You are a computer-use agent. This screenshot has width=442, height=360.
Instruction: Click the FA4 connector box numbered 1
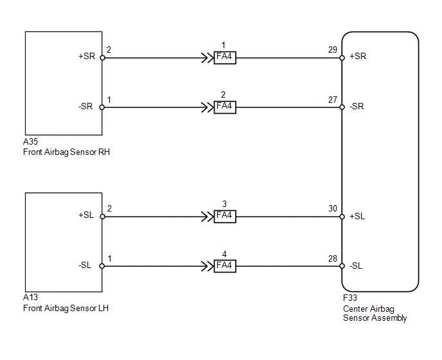[225, 58]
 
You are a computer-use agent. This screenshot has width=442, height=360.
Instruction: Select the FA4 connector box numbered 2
[225, 107]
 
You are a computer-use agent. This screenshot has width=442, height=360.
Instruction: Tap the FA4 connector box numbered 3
[225, 217]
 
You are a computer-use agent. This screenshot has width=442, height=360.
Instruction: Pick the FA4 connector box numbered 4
[225, 266]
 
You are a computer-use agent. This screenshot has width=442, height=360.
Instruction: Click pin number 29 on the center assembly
[333, 50]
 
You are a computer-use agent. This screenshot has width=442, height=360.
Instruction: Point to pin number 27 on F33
[333, 100]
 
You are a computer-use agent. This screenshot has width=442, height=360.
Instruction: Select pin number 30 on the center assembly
[333, 208]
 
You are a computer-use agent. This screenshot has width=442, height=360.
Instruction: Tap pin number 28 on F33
[333, 258]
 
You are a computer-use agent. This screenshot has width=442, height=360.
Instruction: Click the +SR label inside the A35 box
[87, 56]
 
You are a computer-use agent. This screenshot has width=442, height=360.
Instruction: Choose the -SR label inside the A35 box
[85, 106]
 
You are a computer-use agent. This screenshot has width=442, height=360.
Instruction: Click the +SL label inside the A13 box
[86, 215]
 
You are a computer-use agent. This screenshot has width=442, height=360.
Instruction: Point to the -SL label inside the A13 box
[85, 265]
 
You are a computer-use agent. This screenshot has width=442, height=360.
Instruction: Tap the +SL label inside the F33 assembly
[357, 217]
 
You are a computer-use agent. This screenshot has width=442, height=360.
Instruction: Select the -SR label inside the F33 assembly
[357, 106]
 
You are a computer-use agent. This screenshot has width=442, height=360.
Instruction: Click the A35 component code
[30, 141]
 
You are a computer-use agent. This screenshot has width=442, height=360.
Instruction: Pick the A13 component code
[30, 297]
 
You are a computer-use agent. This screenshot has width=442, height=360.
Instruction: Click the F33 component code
[350, 298]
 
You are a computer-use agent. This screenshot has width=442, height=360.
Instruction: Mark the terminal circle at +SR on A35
[103, 58]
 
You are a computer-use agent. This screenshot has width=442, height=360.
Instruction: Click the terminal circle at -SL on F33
[342, 266]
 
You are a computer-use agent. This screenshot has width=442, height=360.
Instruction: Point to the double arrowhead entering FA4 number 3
[208, 217]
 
